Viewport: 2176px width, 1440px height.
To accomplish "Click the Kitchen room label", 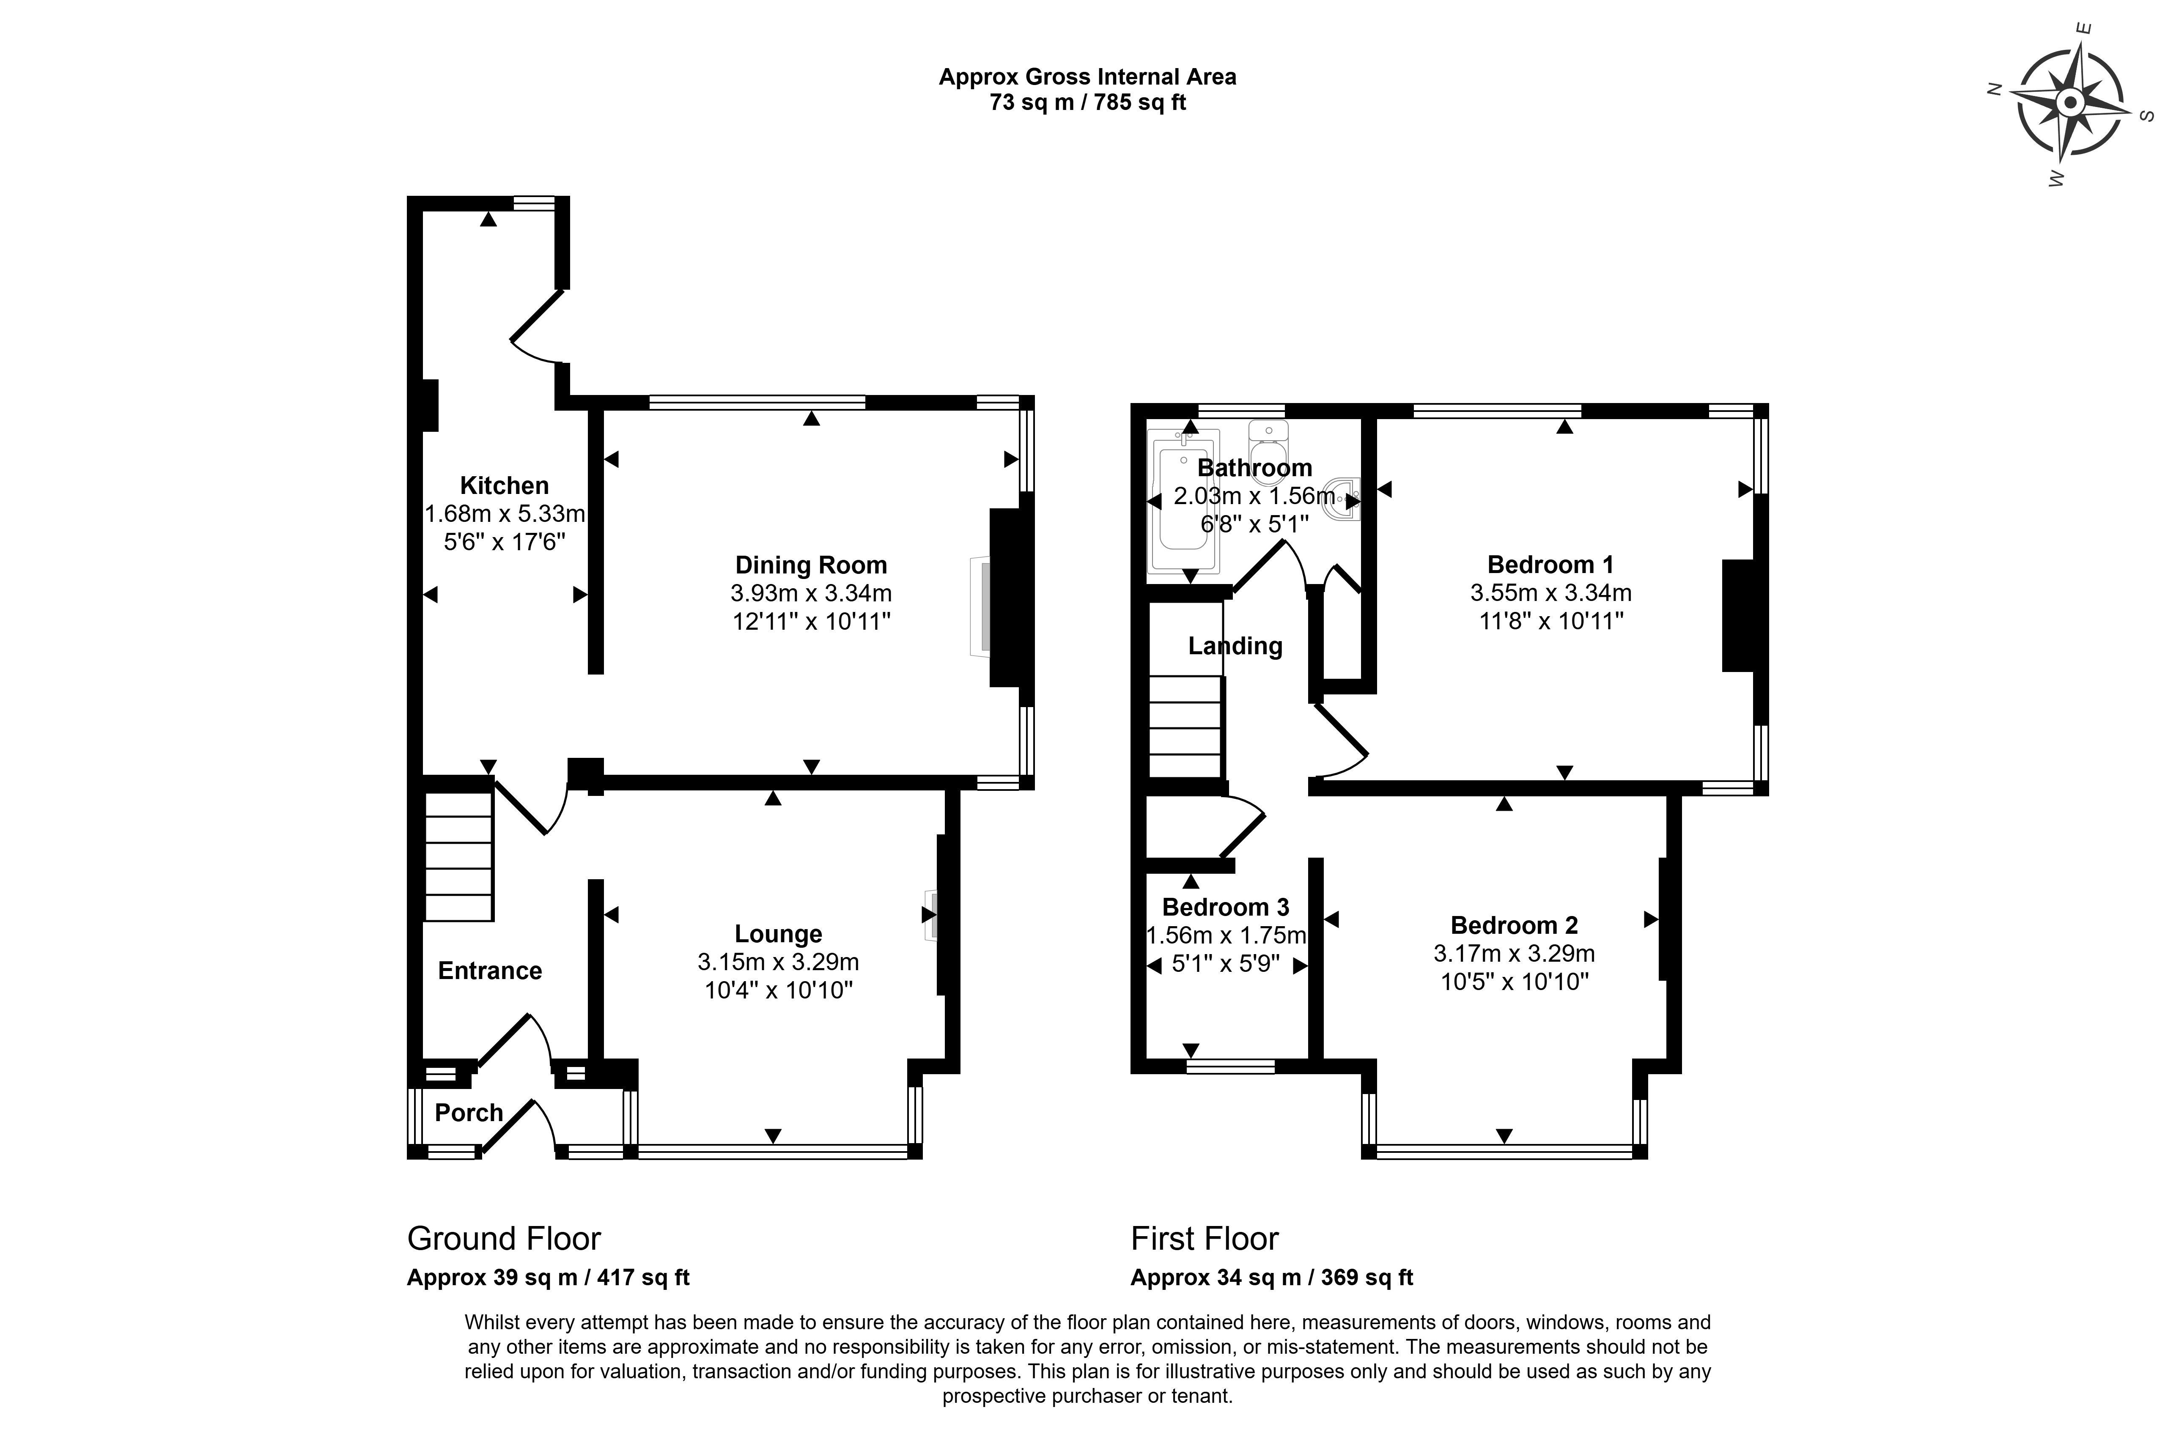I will tap(504, 486).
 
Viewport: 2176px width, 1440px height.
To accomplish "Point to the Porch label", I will tap(468, 1113).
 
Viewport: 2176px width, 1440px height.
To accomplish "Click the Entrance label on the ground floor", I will tap(489, 971).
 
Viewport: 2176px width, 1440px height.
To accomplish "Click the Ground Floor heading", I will tap(503, 1239).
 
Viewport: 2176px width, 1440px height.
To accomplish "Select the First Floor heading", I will tap(1204, 1239).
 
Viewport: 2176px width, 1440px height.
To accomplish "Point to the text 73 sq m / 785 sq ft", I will tap(1087, 103).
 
